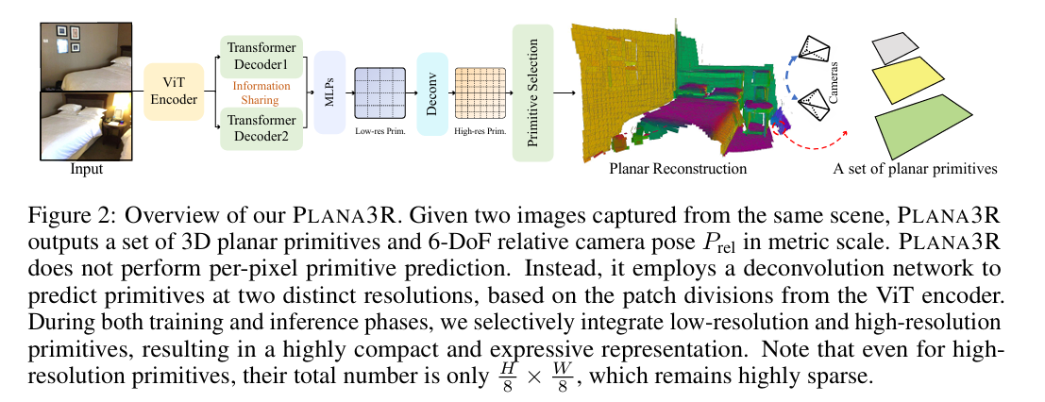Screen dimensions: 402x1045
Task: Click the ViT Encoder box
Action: click(174, 92)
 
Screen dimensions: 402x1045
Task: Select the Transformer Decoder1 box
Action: click(261, 58)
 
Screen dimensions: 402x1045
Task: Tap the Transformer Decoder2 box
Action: click(261, 127)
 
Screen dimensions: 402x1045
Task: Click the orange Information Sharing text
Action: click(261, 92)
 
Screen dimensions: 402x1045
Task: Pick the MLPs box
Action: click(329, 92)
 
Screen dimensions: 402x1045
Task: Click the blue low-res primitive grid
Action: click(378, 92)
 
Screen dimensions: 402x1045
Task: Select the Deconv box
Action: click(431, 92)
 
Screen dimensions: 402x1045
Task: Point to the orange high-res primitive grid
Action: click(480, 92)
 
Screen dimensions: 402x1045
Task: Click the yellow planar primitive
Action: click(902, 81)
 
